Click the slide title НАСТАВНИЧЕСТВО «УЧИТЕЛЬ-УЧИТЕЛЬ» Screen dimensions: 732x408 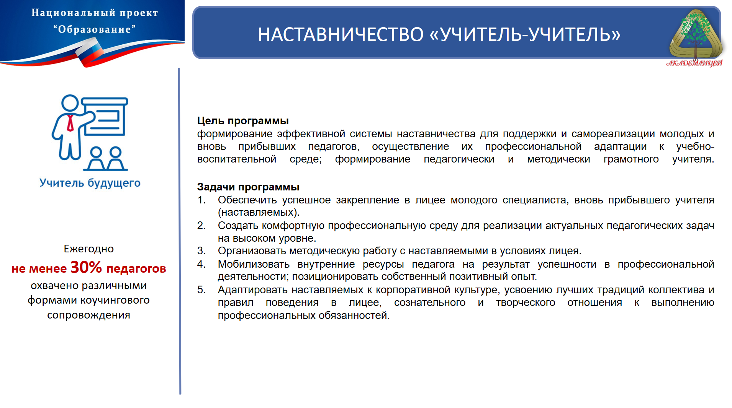tap(439, 34)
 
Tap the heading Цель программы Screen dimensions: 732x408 tap(243, 121)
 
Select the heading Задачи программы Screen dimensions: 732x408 tap(248, 187)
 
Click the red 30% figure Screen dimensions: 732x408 tap(86, 267)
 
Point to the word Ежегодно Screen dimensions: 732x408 tap(89, 249)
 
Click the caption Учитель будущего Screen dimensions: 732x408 tap(90, 183)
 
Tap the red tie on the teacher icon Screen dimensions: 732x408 tap(70, 123)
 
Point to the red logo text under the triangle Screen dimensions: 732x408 tap(694, 63)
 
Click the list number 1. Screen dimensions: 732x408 tap(201, 200)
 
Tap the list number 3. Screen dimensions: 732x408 tap(201, 251)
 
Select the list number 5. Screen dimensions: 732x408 tap(201, 290)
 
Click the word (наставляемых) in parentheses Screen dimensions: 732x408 tap(259, 213)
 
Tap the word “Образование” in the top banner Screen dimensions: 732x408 tap(95, 29)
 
